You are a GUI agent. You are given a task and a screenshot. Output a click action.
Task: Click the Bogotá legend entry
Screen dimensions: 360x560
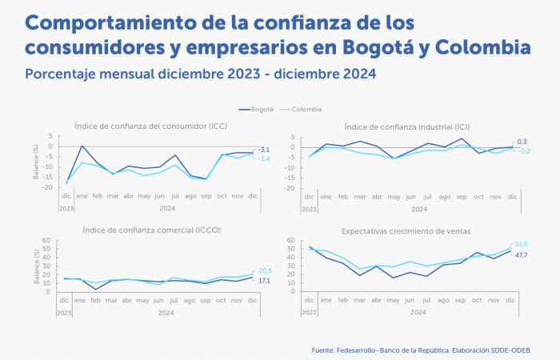[x=257, y=109]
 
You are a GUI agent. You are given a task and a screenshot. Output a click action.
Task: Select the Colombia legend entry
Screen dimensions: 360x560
[x=306, y=109]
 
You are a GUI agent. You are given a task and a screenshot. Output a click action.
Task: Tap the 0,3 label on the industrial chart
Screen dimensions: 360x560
[x=522, y=142]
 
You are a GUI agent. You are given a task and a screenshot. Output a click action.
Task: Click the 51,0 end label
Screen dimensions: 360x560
[x=521, y=244]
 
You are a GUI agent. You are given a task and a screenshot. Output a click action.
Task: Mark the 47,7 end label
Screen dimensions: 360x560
[x=521, y=254]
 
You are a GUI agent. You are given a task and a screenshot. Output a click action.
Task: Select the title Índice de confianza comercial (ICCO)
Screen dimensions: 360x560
[x=152, y=230]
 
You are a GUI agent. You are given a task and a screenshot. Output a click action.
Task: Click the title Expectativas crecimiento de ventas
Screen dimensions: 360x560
[x=406, y=230]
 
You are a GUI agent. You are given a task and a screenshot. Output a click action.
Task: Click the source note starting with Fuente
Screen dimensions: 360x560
[x=422, y=350]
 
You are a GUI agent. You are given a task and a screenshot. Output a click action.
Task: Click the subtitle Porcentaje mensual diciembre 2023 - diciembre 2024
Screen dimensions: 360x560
[x=201, y=74]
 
